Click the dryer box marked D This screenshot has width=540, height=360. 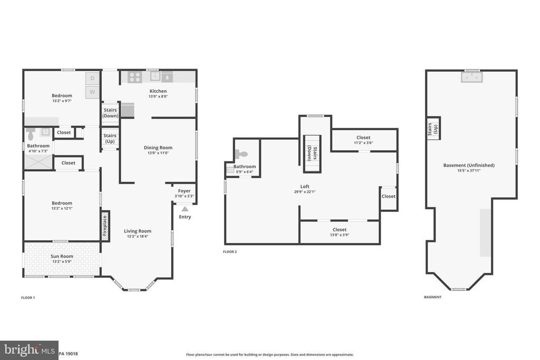92,78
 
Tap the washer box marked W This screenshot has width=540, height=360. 92,92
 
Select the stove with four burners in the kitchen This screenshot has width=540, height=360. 135,77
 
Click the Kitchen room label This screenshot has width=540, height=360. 158,91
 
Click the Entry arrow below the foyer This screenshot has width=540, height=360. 185,209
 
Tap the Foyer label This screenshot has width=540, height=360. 184,191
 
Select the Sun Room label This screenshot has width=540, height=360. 62,257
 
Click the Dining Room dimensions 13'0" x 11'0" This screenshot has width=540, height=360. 158,153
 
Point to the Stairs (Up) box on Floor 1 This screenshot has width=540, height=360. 110,139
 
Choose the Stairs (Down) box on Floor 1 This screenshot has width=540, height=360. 110,113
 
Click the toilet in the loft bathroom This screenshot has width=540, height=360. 242,154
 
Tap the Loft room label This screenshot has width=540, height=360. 305,186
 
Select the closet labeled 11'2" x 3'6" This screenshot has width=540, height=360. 363,140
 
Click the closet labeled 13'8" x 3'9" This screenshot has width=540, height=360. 339,232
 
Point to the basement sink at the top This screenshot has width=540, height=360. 471,78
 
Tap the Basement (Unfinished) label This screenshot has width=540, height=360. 469,165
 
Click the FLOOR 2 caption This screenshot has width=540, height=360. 230,252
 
